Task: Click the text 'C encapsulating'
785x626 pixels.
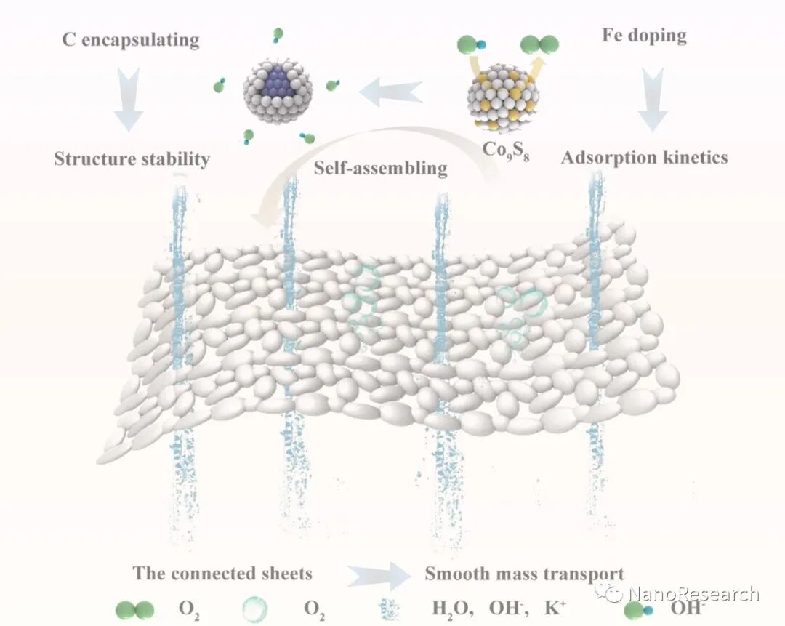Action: point(131,39)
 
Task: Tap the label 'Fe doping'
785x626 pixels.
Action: point(644,34)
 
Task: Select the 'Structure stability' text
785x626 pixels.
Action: point(132,158)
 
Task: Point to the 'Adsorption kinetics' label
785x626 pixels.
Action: point(644,156)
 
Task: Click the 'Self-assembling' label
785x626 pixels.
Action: point(380,168)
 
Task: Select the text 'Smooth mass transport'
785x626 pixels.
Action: point(525,573)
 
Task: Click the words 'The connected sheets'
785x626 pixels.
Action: point(222,573)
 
